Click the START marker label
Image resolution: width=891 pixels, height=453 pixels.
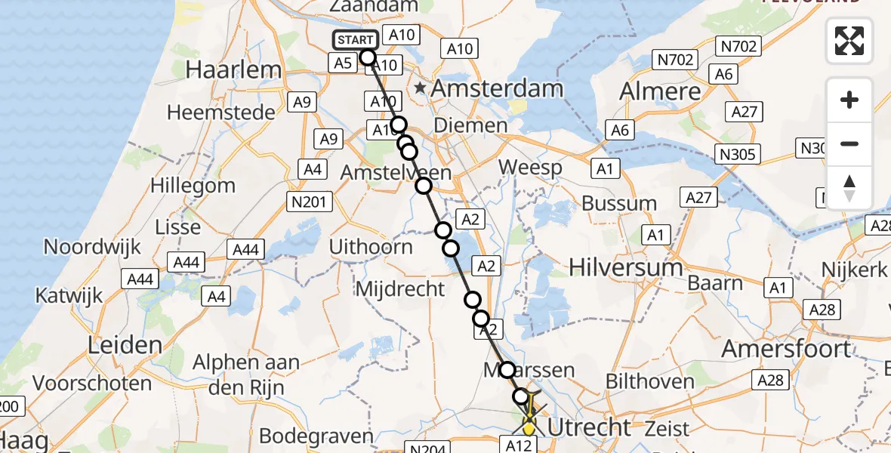[354, 41]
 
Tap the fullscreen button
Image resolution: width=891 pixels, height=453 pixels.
[849, 41]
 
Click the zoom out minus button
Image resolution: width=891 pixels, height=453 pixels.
[849, 143]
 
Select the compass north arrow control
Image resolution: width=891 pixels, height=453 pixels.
[849, 188]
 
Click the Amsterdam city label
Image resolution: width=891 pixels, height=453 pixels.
[498, 88]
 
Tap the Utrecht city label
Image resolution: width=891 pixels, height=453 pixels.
[589, 427]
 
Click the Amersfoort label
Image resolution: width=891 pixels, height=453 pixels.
[786, 349]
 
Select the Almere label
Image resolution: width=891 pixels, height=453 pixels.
[661, 91]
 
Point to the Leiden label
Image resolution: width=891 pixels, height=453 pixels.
[125, 346]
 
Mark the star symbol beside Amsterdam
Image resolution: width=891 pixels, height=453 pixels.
[420, 88]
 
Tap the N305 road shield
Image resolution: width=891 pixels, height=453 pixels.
[738, 155]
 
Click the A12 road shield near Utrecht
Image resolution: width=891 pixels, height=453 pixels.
[519, 445]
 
